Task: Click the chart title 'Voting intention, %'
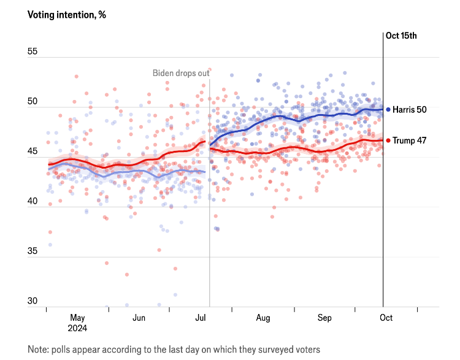point(66,15)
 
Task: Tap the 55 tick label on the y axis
point(33,52)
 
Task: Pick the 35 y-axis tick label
point(33,251)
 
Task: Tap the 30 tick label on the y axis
point(33,301)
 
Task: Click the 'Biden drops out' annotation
point(181,74)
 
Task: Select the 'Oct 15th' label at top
point(401,35)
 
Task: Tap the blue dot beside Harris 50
point(388,109)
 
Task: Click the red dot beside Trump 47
point(388,140)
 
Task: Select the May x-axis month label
point(77,318)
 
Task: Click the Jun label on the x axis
point(139,318)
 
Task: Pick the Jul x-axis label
point(201,318)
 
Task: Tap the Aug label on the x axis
point(263,318)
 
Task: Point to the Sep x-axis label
point(324,318)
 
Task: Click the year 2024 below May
point(77,328)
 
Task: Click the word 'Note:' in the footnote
point(39,349)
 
